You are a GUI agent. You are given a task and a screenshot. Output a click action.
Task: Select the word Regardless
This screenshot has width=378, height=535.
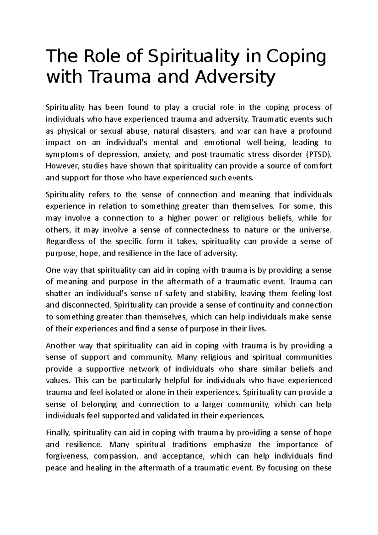65,242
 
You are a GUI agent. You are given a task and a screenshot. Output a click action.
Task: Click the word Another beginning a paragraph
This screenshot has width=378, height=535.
60,346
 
